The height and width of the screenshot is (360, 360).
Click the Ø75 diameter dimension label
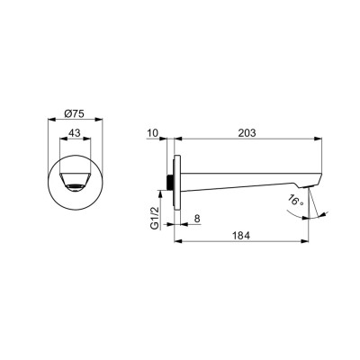75,113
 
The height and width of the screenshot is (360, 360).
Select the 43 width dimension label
75,132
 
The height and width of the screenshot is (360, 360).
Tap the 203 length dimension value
247,132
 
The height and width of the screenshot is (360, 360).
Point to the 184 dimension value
241,236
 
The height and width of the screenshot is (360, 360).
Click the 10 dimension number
153,132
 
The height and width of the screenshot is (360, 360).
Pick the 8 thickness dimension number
197,219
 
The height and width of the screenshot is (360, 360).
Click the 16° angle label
295,200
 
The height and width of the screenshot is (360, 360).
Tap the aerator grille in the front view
75,187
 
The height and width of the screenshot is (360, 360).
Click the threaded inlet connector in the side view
170,182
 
